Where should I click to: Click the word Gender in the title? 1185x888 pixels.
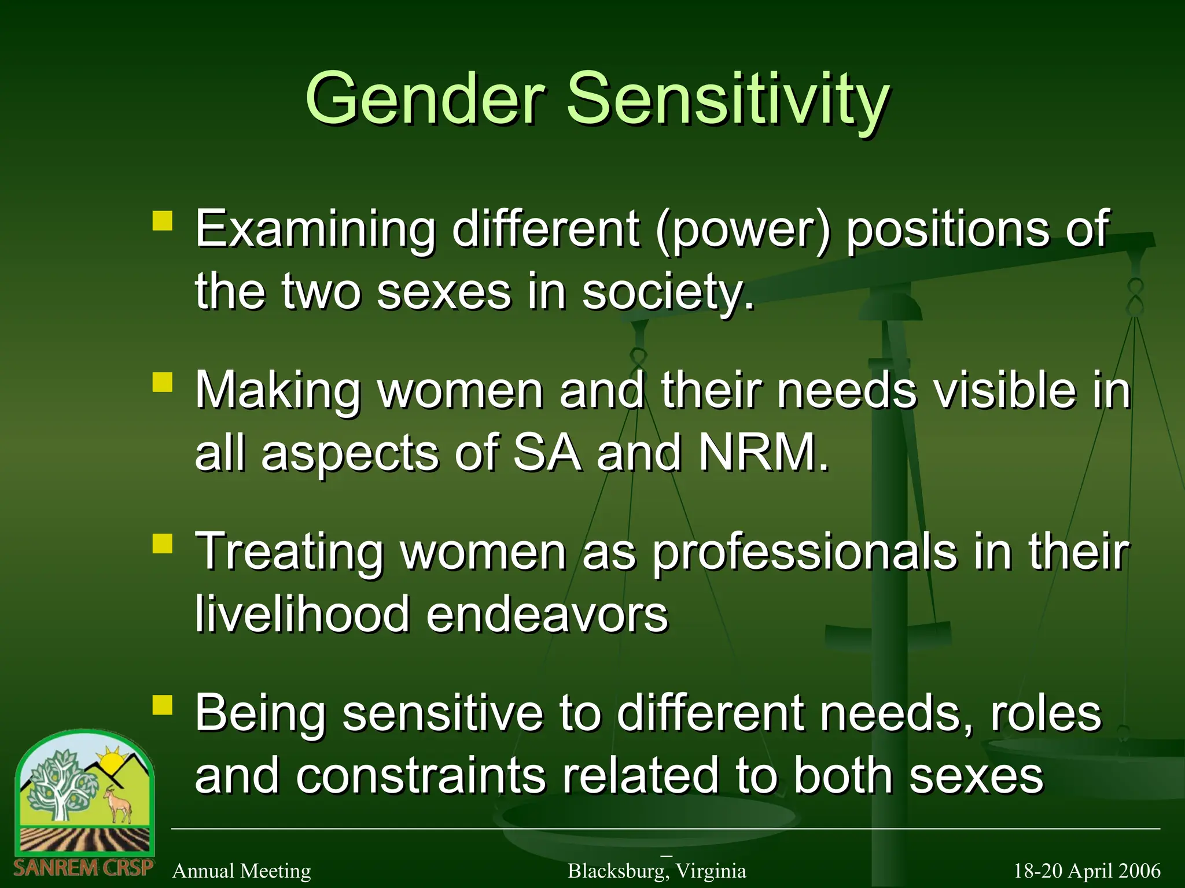[x=426, y=98]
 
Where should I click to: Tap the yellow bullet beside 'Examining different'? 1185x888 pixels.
[x=163, y=221]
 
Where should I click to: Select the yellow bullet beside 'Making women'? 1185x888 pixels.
[x=163, y=382]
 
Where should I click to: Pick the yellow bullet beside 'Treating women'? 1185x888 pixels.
[x=163, y=543]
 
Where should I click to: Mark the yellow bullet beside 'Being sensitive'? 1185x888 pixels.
[x=163, y=705]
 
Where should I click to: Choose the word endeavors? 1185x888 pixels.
[x=547, y=614]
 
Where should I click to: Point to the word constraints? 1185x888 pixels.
[x=421, y=775]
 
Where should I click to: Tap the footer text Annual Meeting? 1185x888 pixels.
[x=242, y=871]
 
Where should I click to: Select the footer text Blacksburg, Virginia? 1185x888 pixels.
[x=657, y=871]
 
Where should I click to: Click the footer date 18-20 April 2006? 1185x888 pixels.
[x=1087, y=871]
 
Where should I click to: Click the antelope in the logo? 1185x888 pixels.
[x=119, y=804]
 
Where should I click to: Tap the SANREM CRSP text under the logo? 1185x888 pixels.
[x=83, y=867]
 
